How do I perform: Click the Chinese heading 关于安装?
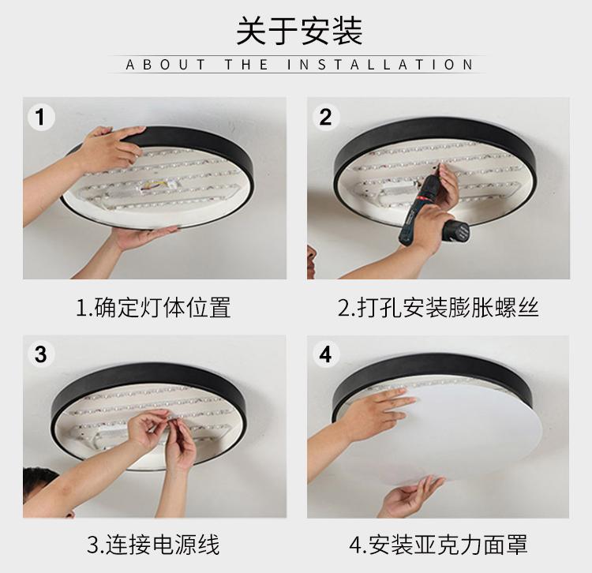coord(299,31)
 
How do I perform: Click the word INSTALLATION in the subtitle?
coord(380,65)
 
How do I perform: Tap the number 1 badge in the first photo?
coord(41,117)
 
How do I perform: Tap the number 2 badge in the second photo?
coord(325,117)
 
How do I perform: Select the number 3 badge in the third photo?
coord(41,354)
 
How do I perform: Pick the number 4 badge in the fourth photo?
coord(325,354)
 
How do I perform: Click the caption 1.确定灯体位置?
coord(153,307)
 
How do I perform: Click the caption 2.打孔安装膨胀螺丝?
coord(438,307)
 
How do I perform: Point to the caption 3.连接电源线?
coord(153,545)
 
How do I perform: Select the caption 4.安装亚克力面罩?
coord(438,545)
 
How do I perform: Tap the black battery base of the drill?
coord(457,230)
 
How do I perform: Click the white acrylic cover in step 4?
coord(472,434)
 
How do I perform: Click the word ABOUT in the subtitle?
coord(166,65)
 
